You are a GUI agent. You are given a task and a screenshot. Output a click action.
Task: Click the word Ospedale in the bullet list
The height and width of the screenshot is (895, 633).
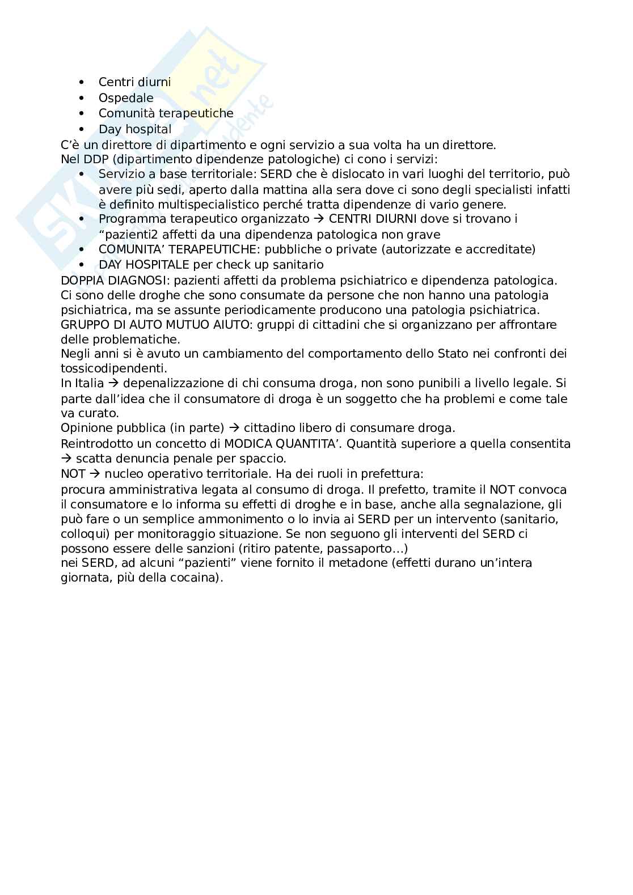coord(126,97)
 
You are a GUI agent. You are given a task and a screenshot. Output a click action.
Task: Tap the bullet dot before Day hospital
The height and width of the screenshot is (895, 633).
coord(82,129)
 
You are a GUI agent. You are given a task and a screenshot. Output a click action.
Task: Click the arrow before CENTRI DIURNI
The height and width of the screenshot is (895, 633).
coord(319,219)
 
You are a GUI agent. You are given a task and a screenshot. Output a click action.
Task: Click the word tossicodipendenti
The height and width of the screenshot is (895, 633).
coord(112,368)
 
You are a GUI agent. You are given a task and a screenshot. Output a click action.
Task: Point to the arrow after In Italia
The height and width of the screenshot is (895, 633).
coord(115,384)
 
